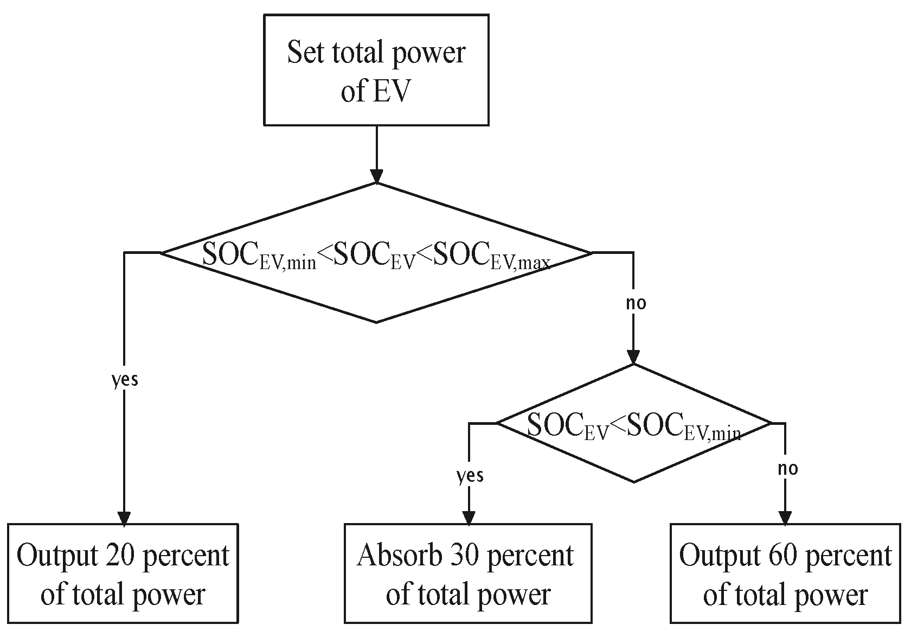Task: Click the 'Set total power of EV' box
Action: (x=376, y=71)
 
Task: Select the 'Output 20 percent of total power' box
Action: (x=123, y=574)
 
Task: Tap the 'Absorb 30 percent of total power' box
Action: (x=467, y=574)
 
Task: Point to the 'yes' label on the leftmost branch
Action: (x=125, y=380)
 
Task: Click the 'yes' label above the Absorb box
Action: (x=470, y=475)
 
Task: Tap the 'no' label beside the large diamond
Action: (x=636, y=303)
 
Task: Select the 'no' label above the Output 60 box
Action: (x=787, y=468)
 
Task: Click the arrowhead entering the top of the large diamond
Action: (x=376, y=176)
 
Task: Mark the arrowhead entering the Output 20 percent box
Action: (x=124, y=518)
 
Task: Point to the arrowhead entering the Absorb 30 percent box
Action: (x=469, y=518)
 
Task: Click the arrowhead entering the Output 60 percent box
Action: (x=785, y=518)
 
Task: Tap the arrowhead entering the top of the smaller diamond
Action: (x=633, y=357)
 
